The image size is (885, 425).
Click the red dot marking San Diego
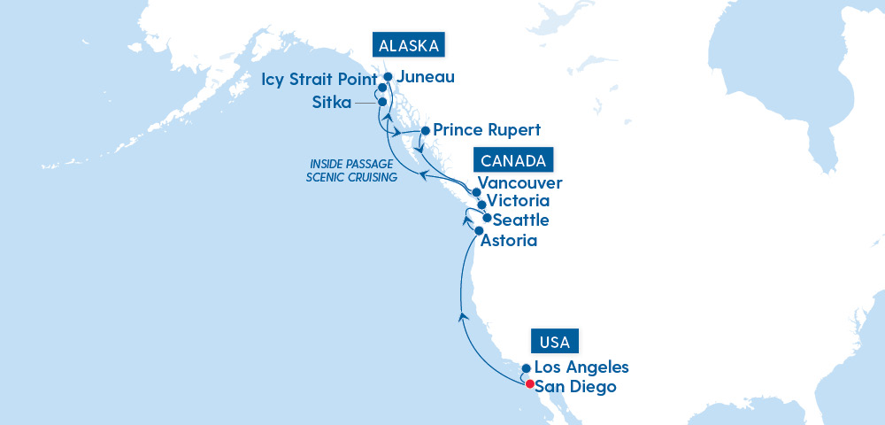pyautogui.click(x=529, y=384)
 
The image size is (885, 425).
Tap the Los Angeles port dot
pyautogui.click(x=526, y=368)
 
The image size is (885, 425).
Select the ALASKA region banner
pyautogui.click(x=408, y=46)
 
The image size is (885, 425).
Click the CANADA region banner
pyautogui.click(x=514, y=160)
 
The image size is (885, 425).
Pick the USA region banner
pyautogui.click(x=555, y=341)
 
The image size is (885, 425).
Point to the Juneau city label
pyautogui.click(x=426, y=77)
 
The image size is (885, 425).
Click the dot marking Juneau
pyautogui.click(x=388, y=77)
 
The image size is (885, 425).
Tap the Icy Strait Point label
pyautogui.click(x=319, y=81)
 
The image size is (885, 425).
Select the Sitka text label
pyautogui.click(x=330, y=102)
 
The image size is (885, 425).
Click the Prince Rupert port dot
pyautogui.click(x=425, y=130)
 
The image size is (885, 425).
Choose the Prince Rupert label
pyautogui.click(x=488, y=129)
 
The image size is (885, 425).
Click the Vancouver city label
pyautogui.click(x=524, y=184)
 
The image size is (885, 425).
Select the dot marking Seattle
pyautogui.click(x=487, y=217)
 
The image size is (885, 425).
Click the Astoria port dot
pyautogui.click(x=479, y=230)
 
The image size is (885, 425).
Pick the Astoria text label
pyautogui.click(x=510, y=240)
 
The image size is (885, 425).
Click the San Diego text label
pyautogui.click(x=575, y=387)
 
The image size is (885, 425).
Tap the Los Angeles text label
pyautogui.click(x=581, y=367)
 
